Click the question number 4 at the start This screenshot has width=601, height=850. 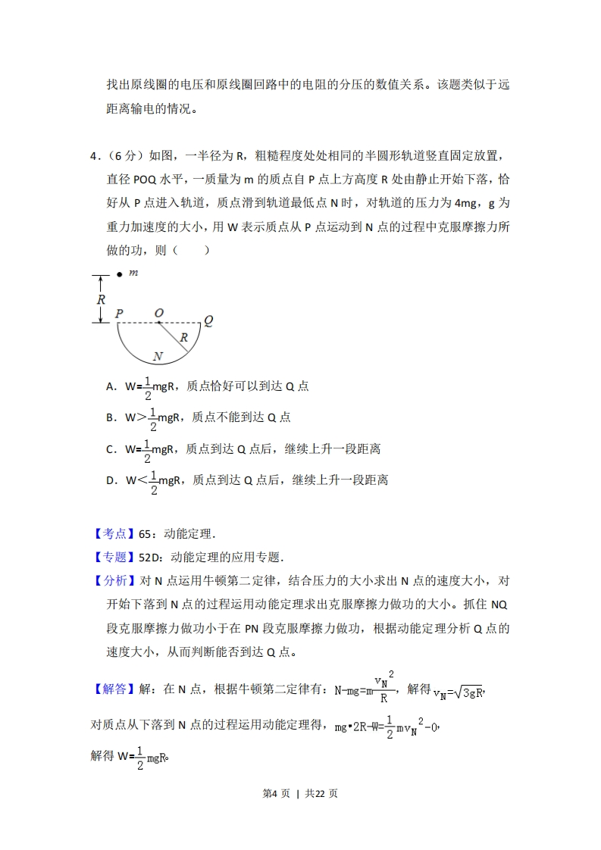[94, 156]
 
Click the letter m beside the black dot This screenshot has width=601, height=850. [133, 273]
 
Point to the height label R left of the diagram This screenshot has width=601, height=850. [101, 299]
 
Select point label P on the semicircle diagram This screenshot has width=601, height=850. [119, 313]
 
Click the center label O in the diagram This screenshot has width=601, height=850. [158, 313]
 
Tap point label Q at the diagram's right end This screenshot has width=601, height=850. [208, 320]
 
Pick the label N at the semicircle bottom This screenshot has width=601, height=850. [158, 355]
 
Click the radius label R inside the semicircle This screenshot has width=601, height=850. [183, 338]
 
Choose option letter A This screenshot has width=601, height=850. [111, 386]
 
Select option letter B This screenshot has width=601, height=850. [111, 417]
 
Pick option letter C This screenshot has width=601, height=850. [111, 449]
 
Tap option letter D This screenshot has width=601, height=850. [111, 480]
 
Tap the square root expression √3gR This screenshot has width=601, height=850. [463, 691]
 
